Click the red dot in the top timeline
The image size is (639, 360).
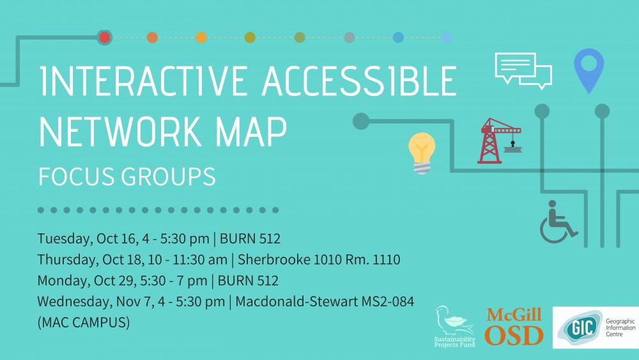click(105, 38)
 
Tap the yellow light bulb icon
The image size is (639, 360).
click(422, 153)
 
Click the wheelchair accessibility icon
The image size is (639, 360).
click(558, 222)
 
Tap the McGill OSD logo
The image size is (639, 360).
click(514, 326)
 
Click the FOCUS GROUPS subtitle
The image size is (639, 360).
click(127, 176)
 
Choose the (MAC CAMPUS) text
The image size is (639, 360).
click(84, 322)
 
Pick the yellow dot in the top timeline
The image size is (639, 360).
click(201, 38)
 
